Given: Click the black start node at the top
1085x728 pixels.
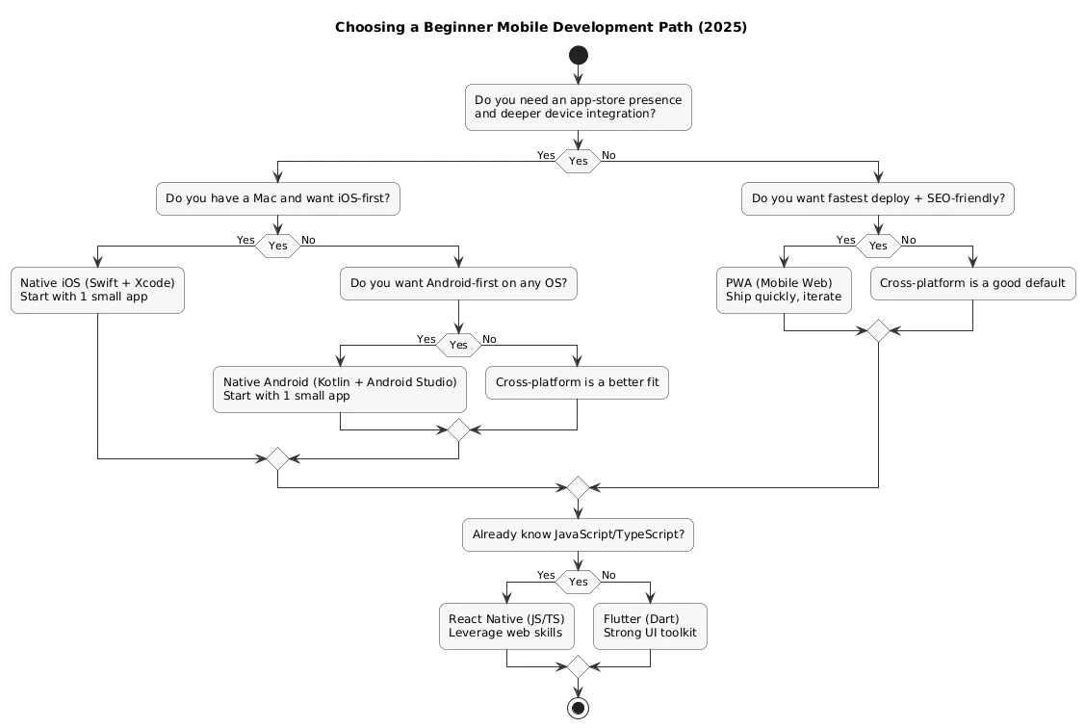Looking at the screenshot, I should click(x=578, y=56).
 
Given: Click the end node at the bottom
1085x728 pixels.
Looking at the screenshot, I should click(x=578, y=708).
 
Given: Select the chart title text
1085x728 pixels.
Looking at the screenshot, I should click(x=541, y=27).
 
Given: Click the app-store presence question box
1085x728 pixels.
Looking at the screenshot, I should click(x=578, y=108).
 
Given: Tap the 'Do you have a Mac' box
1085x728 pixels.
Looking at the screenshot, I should click(x=277, y=199).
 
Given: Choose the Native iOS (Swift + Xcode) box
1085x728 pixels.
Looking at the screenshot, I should click(x=97, y=290).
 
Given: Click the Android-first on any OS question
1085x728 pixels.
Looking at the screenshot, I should click(x=458, y=283).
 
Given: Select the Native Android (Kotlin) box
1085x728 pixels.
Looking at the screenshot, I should click(x=340, y=389).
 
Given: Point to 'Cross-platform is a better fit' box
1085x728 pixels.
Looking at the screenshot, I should click(x=577, y=382).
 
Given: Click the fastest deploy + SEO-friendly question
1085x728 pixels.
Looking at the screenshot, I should click(x=878, y=199).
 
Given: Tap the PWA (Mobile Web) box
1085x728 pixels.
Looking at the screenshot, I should click(x=784, y=290).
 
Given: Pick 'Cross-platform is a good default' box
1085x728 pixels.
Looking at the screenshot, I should click(x=972, y=283).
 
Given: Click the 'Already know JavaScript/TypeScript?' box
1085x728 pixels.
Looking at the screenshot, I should click(x=578, y=534).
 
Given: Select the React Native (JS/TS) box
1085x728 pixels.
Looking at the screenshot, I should click(x=506, y=626).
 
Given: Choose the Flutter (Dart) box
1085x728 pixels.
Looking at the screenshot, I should click(x=650, y=626).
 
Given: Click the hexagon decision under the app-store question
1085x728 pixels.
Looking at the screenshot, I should click(x=578, y=161).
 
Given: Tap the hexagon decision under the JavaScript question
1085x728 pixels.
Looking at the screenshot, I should click(x=578, y=582).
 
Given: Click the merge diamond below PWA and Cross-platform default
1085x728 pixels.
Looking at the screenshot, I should click(x=878, y=331).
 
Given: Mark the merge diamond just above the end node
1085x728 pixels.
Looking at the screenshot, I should click(x=578, y=666).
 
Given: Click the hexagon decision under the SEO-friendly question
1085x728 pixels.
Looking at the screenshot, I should click(x=878, y=246).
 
